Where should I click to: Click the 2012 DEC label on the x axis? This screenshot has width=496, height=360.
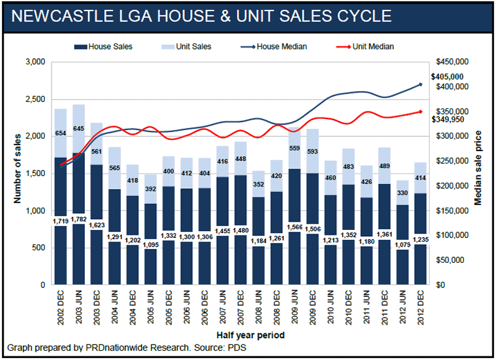tap(420, 310)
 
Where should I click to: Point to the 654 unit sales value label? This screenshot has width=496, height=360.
tap(60, 133)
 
